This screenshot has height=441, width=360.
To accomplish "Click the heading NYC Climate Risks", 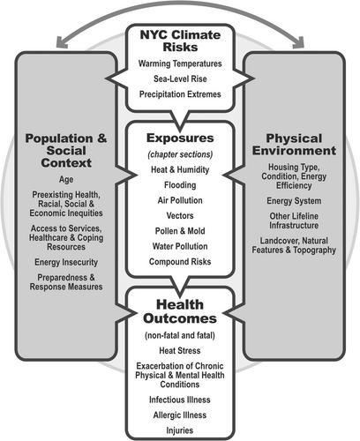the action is point(180,41).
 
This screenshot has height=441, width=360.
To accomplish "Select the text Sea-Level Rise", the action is point(180,78).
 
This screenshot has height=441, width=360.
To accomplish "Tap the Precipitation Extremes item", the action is point(180,94).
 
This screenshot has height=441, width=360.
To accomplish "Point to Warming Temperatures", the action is point(180,64).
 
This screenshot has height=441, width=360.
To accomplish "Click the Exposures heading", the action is point(180,138).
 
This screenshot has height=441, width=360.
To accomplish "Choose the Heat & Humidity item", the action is point(180,169).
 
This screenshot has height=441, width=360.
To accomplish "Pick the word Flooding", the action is point(180,185).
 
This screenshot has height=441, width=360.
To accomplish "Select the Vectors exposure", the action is point(180,215).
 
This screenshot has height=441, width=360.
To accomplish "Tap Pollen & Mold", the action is point(180,231).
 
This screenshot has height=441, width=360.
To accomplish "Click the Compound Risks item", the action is point(180,261).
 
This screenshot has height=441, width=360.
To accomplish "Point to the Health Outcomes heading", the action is point(180,311).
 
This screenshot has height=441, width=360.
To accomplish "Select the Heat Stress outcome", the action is point(180,350).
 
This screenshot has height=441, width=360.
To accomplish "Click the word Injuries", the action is point(180,430).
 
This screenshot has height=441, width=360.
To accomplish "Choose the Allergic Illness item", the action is point(180,415).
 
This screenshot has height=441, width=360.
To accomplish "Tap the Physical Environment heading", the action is point(294,145).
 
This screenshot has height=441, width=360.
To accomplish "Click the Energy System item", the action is point(294,201).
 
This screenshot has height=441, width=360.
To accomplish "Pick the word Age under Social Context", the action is point(66,179).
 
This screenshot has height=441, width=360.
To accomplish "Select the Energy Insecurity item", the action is point(66,262).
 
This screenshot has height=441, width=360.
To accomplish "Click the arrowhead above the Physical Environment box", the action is point(299,42).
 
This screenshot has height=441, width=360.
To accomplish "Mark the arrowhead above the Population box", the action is point(61,42).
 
